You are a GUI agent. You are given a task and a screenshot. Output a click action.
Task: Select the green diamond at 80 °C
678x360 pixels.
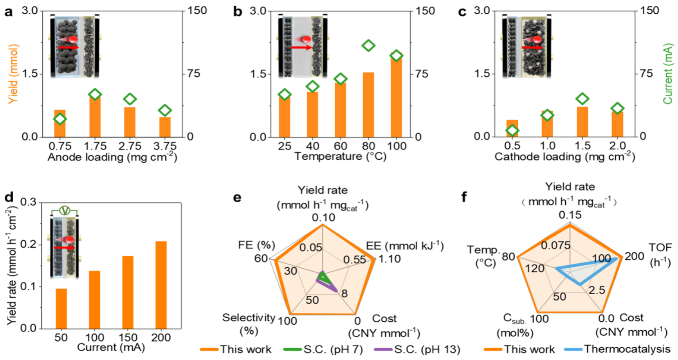[368, 46]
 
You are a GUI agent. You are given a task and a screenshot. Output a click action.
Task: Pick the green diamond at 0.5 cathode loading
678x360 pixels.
[512, 130]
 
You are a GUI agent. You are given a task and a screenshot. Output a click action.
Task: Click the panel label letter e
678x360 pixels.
[237, 197]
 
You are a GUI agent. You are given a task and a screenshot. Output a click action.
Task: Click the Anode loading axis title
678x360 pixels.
[112, 157]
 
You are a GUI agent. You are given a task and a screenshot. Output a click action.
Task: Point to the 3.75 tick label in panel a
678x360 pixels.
[165, 146]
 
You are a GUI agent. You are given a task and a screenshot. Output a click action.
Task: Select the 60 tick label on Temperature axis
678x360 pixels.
[340, 146]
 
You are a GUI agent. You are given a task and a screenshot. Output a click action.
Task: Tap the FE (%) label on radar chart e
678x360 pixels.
[256, 245]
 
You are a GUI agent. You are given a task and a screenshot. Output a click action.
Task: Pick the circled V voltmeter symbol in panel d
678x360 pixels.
[65, 211]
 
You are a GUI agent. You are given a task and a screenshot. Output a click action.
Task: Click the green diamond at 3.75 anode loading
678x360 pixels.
[165, 110]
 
